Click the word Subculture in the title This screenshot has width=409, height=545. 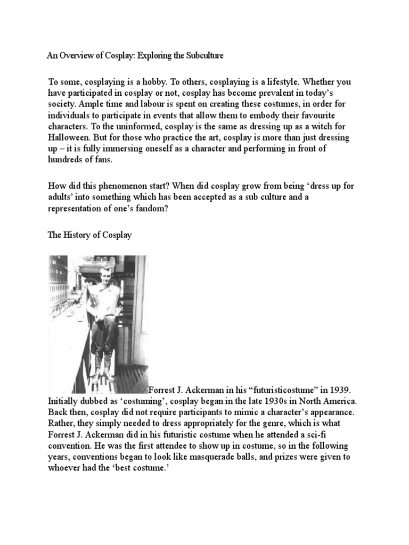201,55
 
